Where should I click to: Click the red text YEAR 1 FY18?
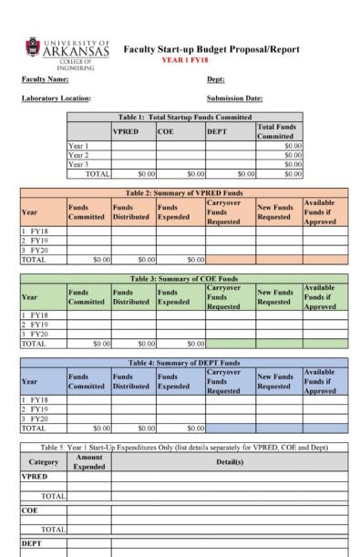185,60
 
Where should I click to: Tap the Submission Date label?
234,98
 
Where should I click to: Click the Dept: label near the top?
216,79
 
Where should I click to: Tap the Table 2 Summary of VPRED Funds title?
185,194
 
